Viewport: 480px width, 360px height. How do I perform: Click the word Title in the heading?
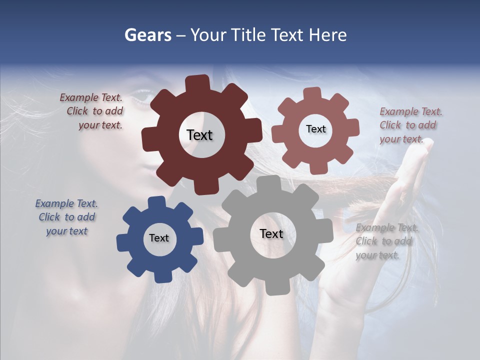[248, 35]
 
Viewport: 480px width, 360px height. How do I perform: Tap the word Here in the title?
[328, 35]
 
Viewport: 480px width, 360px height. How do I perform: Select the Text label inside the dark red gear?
[199, 135]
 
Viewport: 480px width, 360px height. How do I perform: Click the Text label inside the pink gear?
[315, 129]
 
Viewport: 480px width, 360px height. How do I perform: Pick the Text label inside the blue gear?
[159, 238]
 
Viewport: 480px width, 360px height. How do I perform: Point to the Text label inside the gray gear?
[271, 233]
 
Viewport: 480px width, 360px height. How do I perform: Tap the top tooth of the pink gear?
[312, 94]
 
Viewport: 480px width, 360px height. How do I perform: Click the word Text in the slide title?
[288, 35]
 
